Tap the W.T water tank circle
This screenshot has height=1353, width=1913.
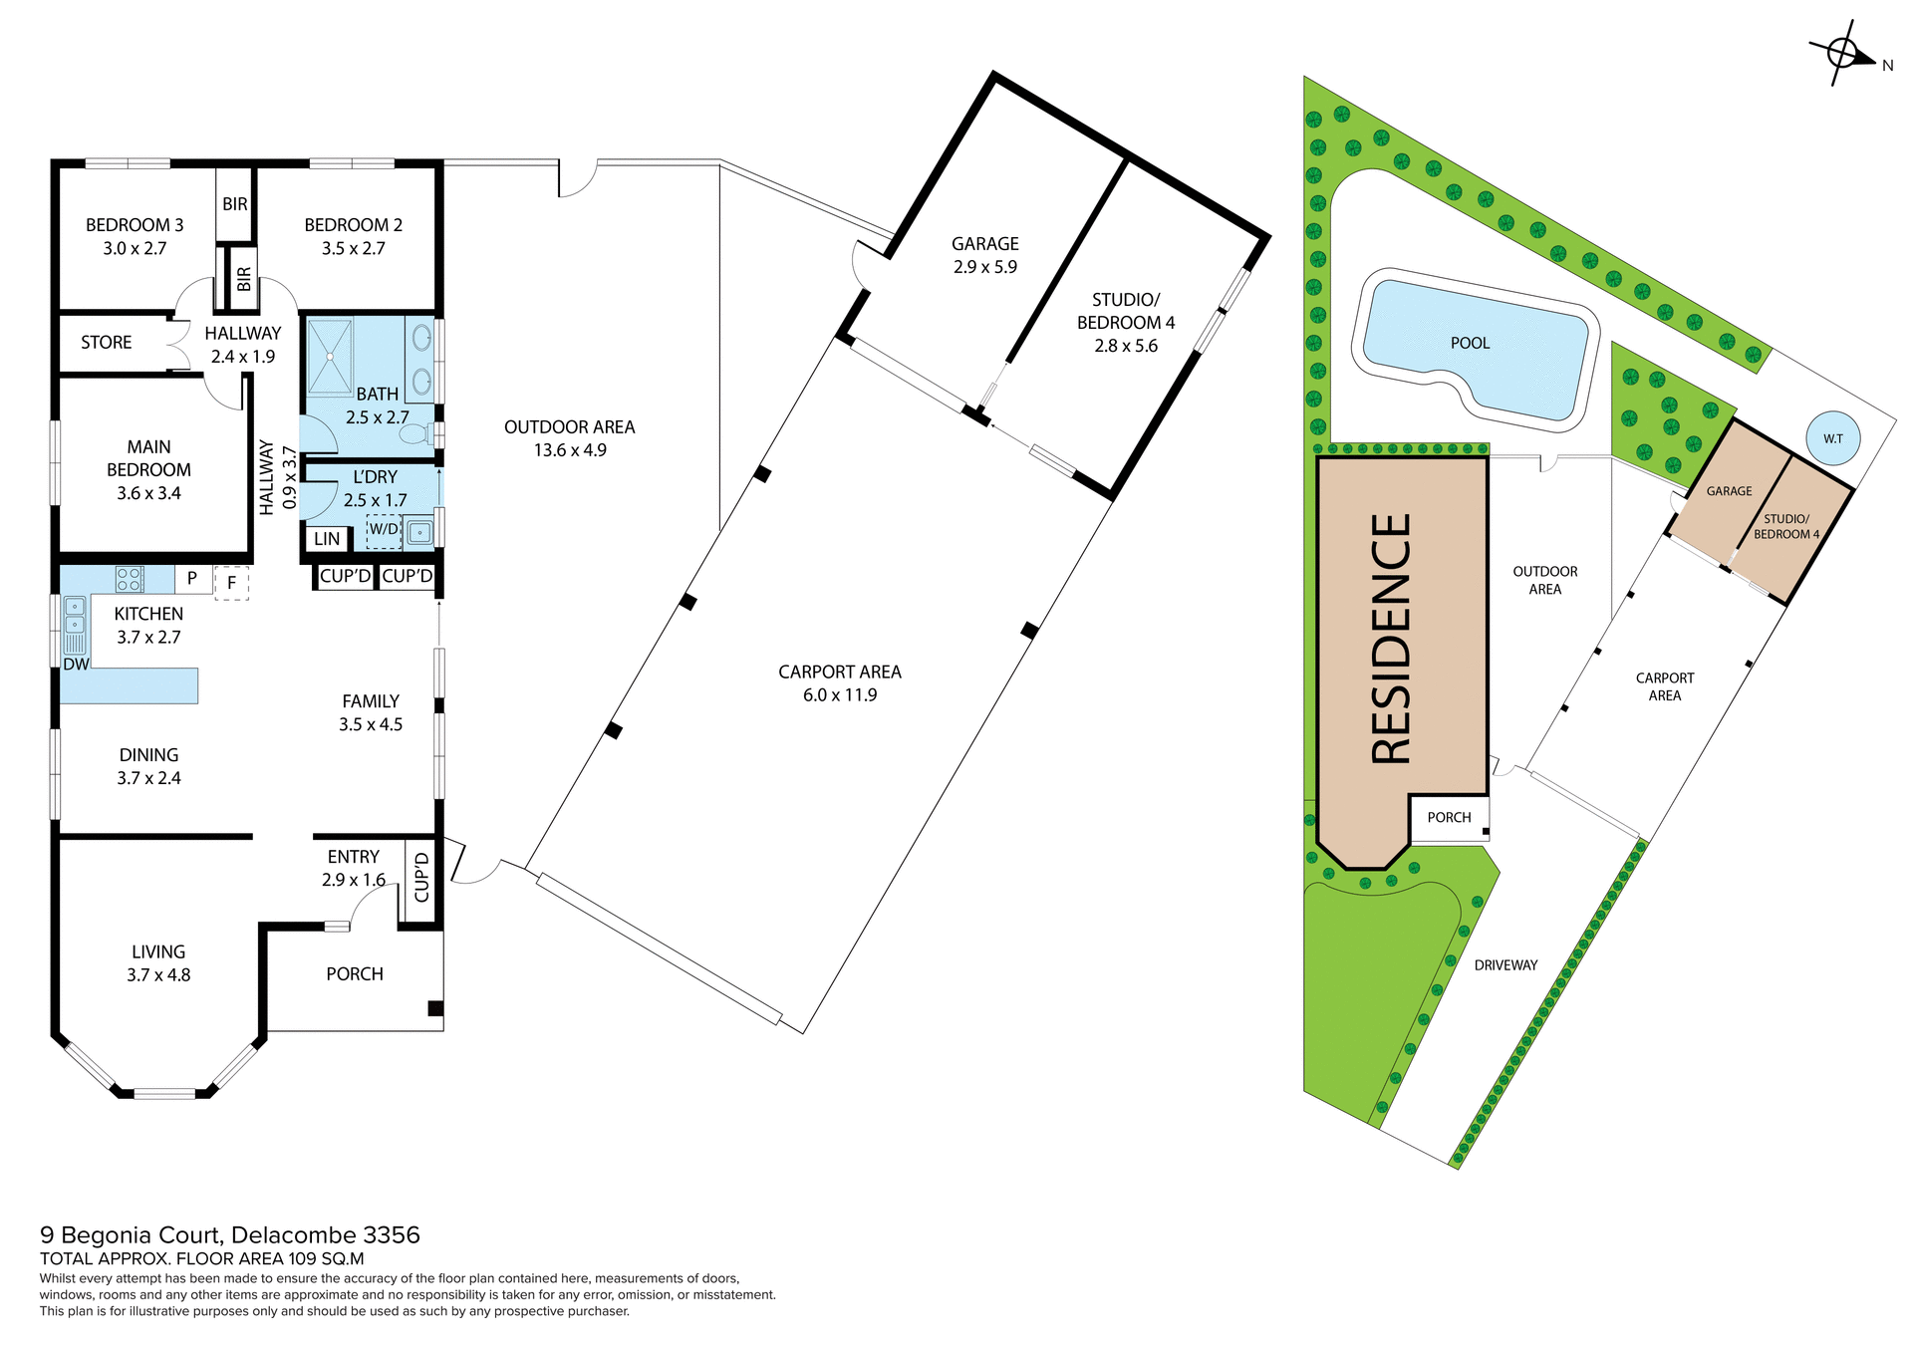pos(1833,438)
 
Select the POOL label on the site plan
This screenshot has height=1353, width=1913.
pos(1470,343)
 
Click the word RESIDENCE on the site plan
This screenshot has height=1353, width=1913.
pos(1392,639)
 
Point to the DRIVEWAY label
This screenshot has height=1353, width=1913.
pos(1505,964)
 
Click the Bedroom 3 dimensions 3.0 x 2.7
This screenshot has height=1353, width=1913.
pos(135,248)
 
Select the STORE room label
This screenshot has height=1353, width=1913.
pos(106,342)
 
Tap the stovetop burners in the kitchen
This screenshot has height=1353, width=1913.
pos(130,579)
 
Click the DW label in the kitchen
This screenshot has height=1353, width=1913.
pos(76,665)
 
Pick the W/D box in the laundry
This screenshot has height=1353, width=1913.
pos(384,531)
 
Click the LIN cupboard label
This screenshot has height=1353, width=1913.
pos(327,539)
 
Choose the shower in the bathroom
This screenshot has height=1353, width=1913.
pos(329,356)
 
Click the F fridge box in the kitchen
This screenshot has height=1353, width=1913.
pos(231,583)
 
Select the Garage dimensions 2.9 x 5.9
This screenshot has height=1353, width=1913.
pos(984,267)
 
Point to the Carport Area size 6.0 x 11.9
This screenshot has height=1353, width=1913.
pos(840,694)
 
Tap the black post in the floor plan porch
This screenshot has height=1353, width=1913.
pos(435,1008)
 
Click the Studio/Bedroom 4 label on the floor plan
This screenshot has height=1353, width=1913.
pos(1126,311)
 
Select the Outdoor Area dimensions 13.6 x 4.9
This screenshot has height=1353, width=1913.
pos(569,450)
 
